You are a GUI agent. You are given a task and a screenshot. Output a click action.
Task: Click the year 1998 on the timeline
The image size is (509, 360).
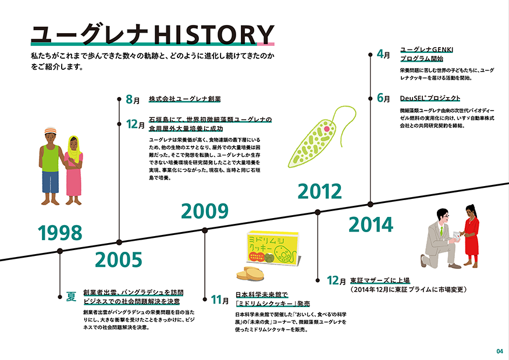coord(60,233)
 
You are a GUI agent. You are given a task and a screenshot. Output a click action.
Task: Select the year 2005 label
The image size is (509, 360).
coord(119,260)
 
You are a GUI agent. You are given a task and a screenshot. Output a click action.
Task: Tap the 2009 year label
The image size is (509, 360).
coord(205,211)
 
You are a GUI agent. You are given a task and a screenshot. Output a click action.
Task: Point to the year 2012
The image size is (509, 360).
coord(320,191)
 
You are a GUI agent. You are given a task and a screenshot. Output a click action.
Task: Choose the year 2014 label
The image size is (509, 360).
coord(371,224)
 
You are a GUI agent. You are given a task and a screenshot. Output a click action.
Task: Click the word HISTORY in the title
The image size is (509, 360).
coord(213,34)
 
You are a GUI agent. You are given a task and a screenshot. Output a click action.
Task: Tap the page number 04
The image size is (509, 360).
coord(500,351)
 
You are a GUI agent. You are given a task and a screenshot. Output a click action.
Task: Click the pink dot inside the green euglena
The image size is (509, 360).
coord(327,129)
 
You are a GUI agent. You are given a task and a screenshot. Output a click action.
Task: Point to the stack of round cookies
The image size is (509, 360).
coord(250,274)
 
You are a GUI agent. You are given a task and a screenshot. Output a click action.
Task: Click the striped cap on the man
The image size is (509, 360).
coord(50,130)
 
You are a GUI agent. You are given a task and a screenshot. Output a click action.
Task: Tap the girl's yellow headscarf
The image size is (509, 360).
coord(74,149)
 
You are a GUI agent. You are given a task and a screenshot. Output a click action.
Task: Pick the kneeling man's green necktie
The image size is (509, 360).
coord(442,231)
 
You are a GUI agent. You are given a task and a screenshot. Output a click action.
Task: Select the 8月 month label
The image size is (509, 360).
coord(133,99)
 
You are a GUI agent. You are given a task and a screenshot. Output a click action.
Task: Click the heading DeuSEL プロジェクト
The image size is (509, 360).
coord(430,98)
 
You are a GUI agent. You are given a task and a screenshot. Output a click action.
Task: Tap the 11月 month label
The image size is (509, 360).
coord(220,300)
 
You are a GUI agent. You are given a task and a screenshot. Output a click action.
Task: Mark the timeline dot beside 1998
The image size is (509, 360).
coord(60,251)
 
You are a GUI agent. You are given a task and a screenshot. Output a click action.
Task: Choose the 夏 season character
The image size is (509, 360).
coord(71,297)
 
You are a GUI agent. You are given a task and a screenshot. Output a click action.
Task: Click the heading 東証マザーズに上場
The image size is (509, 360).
coord(380,280)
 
